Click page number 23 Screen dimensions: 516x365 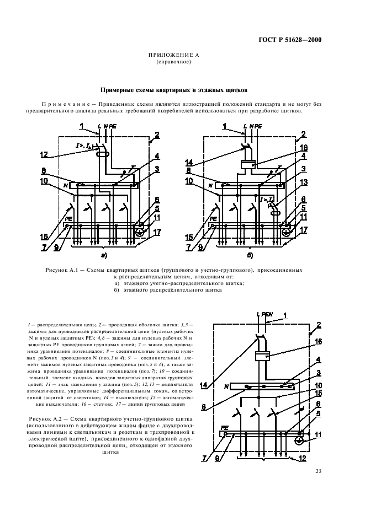pos(319,470)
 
